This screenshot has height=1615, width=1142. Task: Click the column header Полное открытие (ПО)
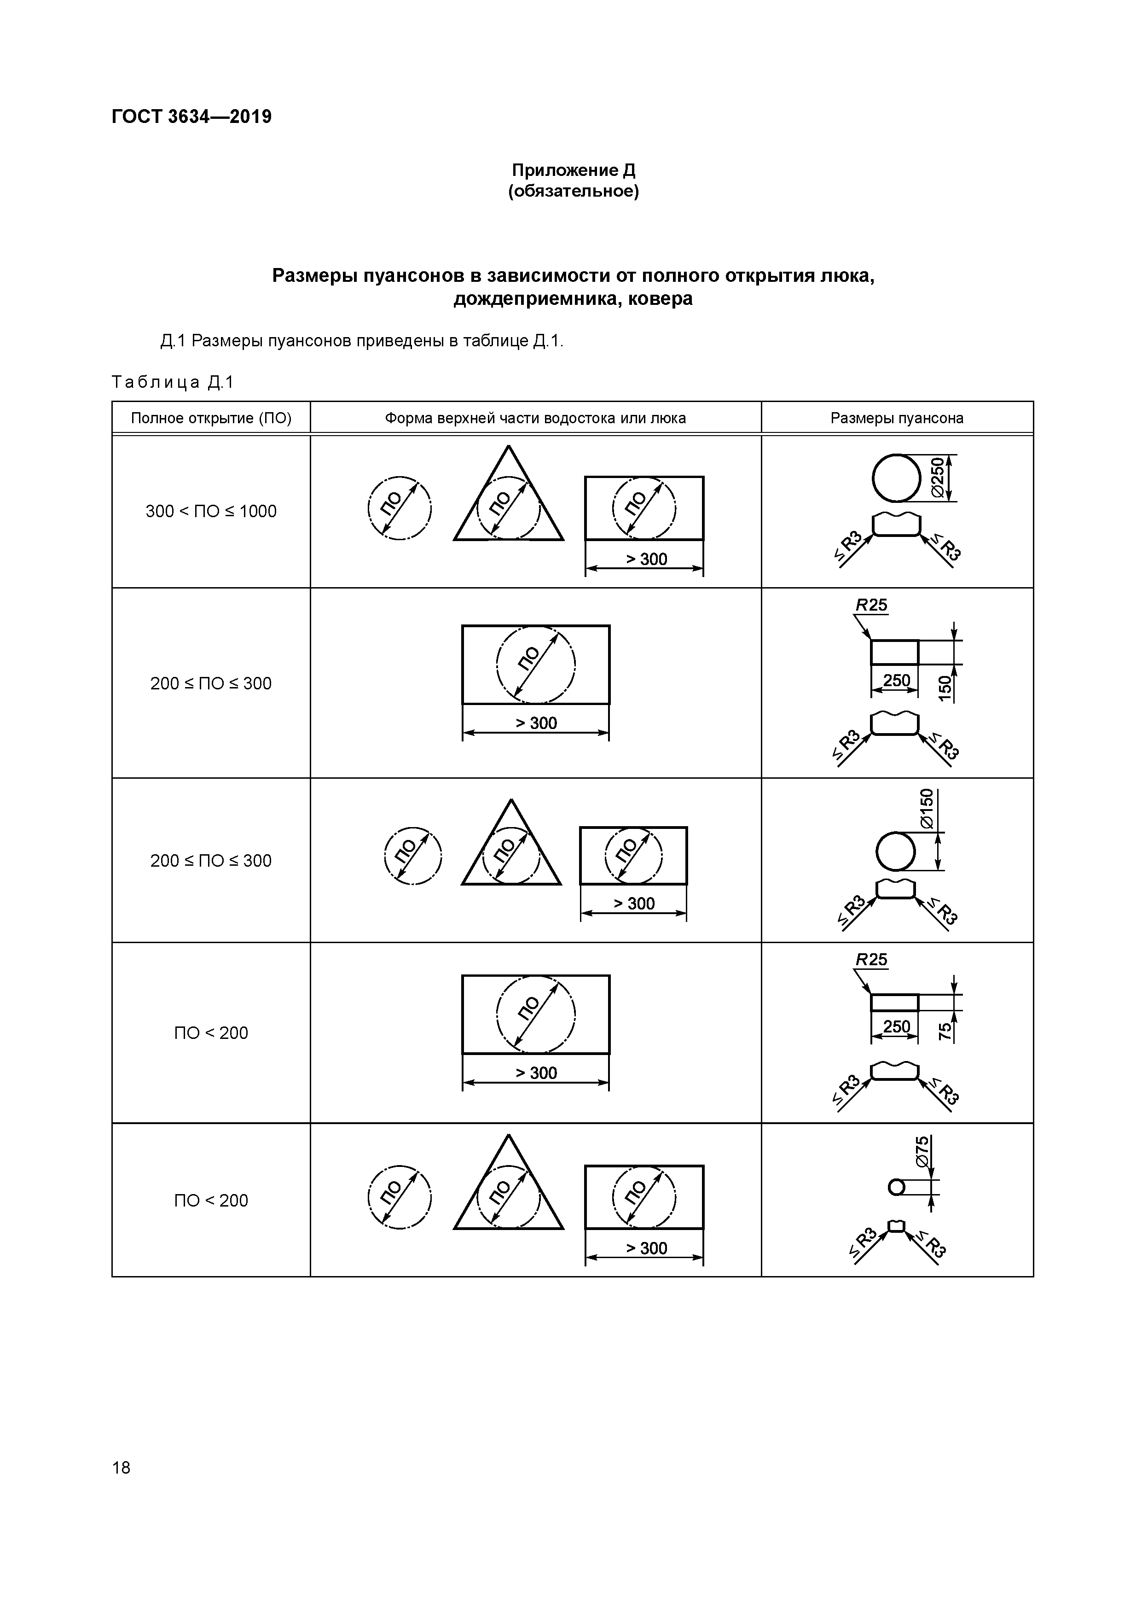tap(211, 419)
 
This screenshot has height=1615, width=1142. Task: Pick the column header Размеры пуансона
tap(897, 419)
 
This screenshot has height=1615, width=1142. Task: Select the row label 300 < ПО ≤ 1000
tap(211, 511)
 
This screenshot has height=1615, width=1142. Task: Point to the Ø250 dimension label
tap(937, 478)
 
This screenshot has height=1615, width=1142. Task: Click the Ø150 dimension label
tap(927, 809)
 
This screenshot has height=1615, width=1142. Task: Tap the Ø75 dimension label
tap(922, 1151)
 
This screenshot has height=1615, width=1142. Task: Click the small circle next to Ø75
tap(896, 1187)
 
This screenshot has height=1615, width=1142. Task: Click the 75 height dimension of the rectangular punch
tap(945, 1031)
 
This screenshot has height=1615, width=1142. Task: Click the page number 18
tap(121, 1467)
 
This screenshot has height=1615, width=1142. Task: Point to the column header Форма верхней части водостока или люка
tap(535, 419)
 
